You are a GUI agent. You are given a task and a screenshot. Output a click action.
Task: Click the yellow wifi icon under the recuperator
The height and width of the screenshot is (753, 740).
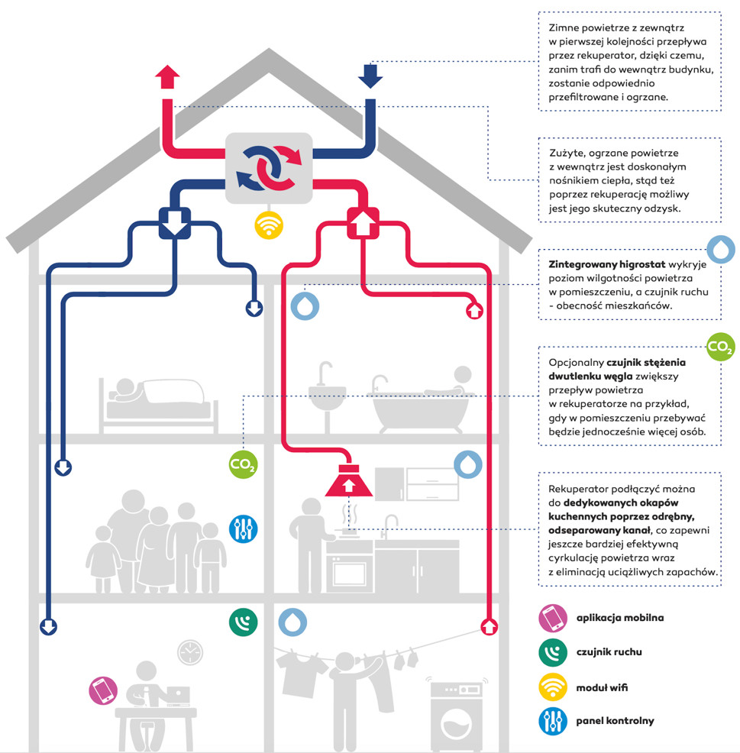tap(269, 225)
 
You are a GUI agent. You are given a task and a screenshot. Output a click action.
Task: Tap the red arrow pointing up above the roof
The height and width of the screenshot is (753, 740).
tap(167, 77)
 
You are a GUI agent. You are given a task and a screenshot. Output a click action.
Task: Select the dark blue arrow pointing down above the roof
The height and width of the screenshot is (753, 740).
tap(370, 75)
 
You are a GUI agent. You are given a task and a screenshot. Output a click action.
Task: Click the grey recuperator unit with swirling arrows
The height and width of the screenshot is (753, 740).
tap(269, 167)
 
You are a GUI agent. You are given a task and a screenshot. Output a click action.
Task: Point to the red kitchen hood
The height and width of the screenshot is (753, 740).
tap(348, 480)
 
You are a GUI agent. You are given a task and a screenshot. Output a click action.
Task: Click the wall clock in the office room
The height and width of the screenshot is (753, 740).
tap(190, 652)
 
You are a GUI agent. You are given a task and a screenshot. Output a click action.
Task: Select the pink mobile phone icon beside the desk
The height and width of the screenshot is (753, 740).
tap(103, 690)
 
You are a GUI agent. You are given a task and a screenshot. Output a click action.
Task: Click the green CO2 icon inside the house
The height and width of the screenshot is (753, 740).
tap(243, 464)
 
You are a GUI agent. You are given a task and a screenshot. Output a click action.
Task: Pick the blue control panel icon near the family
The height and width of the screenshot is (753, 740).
tap(243, 528)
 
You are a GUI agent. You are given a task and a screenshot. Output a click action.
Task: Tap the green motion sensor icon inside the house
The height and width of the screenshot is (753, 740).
tap(243, 622)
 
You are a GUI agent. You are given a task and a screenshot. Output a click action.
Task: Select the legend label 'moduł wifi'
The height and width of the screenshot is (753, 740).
tap(602, 687)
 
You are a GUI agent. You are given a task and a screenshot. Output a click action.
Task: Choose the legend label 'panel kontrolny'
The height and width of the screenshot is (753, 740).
tap(615, 721)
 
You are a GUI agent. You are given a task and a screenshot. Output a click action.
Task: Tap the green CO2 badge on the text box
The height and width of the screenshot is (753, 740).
tap(720, 347)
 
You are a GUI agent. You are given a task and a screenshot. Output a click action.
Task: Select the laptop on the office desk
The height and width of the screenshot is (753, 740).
tap(177, 695)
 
